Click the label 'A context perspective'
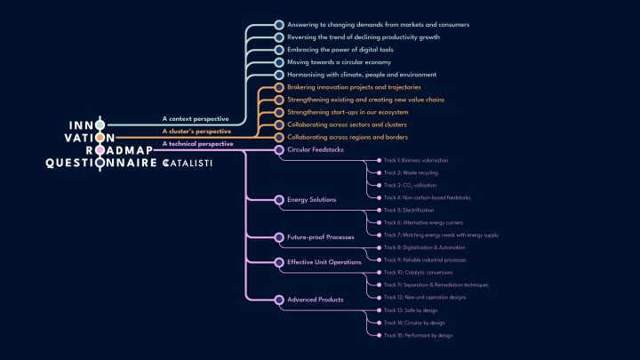click(x=196, y=118)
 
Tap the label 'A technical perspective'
click(x=197, y=143)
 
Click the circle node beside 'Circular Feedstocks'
click(x=279, y=150)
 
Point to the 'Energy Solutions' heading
click(x=312, y=200)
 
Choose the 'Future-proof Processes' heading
click(x=321, y=237)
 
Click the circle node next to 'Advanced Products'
click(x=279, y=300)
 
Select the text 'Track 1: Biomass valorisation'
click(x=416, y=160)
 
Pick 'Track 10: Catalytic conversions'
click(x=418, y=272)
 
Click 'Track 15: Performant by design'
click(x=419, y=335)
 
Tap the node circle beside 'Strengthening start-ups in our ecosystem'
click(x=279, y=113)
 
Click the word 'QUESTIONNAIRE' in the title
click(x=100, y=164)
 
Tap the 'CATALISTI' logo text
click(x=187, y=164)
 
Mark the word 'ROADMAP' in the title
click(x=120, y=150)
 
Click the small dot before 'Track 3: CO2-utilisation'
click(x=378, y=185)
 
